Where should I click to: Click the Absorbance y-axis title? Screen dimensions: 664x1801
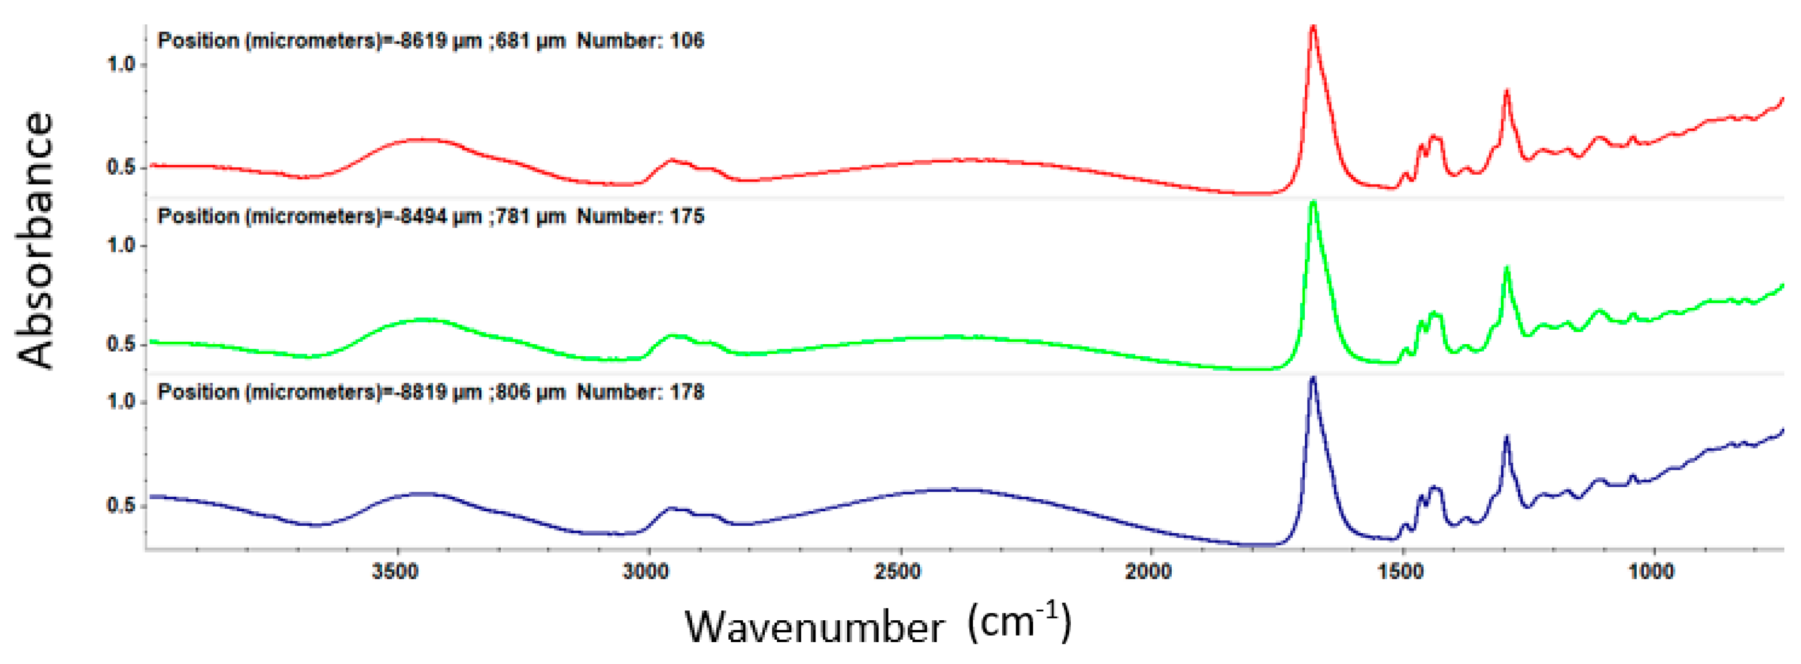click(x=35, y=240)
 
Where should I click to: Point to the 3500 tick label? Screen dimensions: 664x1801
click(x=395, y=571)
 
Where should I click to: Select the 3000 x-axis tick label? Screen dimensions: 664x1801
click(x=646, y=571)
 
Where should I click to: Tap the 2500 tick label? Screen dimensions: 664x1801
click(x=898, y=571)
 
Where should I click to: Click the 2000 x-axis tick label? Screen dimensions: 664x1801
click(x=1149, y=571)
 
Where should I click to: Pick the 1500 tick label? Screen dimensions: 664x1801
click(x=1400, y=571)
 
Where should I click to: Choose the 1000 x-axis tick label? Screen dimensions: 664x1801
click(x=1651, y=571)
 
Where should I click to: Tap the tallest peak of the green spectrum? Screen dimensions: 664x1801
click(x=1313, y=203)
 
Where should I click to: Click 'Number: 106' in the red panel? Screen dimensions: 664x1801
click(x=640, y=40)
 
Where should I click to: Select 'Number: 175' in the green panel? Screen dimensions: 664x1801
click(x=640, y=216)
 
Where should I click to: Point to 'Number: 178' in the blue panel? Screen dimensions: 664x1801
click(x=640, y=391)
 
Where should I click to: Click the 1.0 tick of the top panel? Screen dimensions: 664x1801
click(x=120, y=65)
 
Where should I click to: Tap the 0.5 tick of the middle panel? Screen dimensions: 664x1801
click(x=120, y=344)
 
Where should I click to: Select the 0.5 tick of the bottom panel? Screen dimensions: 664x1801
click(x=120, y=505)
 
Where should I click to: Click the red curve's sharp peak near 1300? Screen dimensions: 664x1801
click(x=1507, y=92)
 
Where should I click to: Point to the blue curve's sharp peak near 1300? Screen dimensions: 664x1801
click(x=1507, y=437)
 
